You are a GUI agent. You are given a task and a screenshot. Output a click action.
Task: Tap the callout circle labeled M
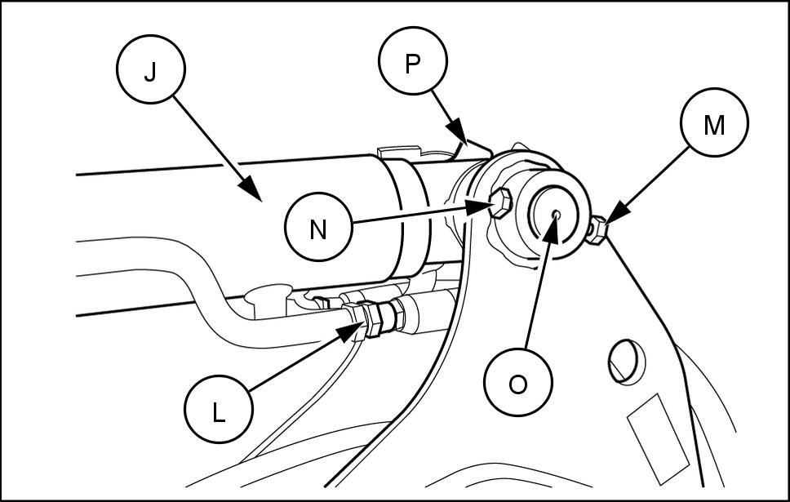point(714,125)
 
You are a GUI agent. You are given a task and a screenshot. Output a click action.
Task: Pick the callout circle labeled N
point(318,229)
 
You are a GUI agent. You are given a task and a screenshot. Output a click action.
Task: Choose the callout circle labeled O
point(517,384)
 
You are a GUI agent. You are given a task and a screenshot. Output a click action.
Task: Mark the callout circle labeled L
point(218,413)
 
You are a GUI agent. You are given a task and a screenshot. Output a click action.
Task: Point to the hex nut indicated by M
point(597,231)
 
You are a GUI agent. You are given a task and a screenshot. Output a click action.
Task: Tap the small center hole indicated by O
point(556,214)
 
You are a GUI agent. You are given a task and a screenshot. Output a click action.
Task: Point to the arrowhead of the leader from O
point(553,222)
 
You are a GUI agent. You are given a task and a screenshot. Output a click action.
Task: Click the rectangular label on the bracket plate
point(658,437)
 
